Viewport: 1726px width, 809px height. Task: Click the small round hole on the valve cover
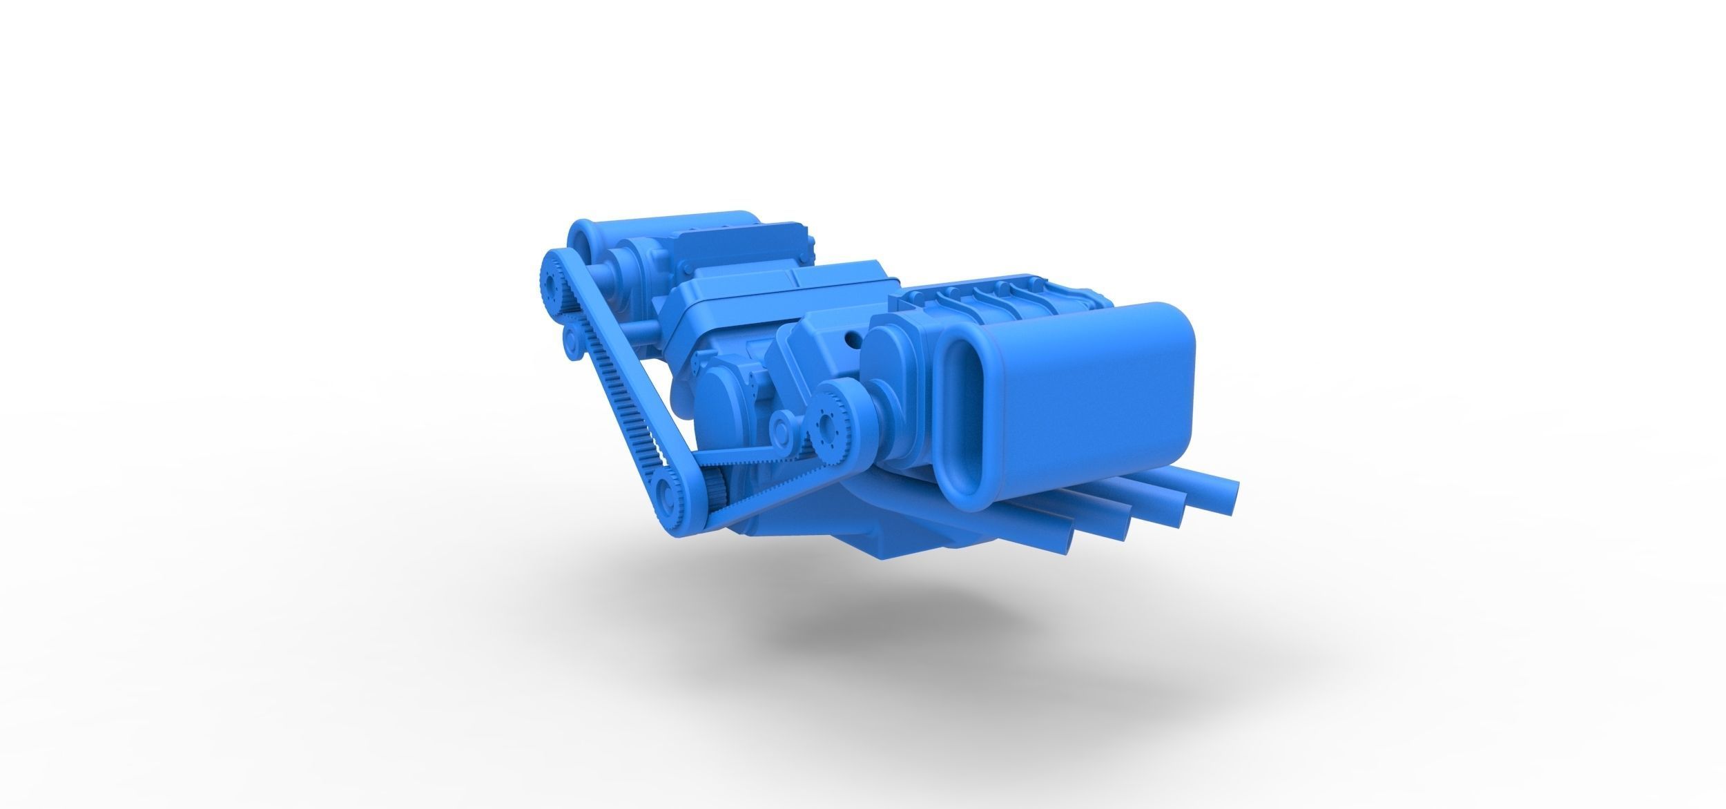[x=851, y=339]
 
